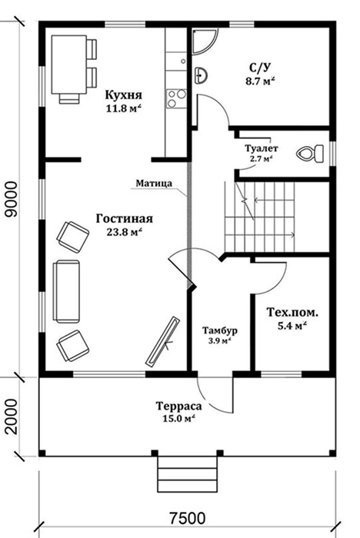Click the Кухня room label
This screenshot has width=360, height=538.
tap(124, 95)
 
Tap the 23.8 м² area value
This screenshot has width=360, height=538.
tap(125, 232)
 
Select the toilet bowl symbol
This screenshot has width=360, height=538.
tap(310, 154)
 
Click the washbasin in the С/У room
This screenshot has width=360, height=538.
tap(201, 75)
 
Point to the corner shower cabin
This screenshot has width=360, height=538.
tap(205, 42)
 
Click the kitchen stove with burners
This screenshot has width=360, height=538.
tap(176, 99)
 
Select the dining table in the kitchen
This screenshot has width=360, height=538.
tap(68, 65)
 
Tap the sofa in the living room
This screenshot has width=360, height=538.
tap(66, 291)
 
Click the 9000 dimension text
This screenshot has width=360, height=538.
tap(12, 199)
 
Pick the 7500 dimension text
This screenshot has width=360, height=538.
tap(188, 518)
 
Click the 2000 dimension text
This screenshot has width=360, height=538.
tap(12, 417)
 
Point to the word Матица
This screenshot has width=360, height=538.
tap(154, 183)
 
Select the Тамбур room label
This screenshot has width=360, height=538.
tap(220, 330)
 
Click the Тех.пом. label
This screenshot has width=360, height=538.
tap(292, 313)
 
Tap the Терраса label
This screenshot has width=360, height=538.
tap(179, 407)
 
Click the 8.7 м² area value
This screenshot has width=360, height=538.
tap(260, 82)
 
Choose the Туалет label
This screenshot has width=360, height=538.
tap(262, 148)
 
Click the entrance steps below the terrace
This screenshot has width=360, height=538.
tap(188, 474)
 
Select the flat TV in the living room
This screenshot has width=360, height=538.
tap(162, 340)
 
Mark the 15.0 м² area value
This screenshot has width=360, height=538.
tap(178, 420)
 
